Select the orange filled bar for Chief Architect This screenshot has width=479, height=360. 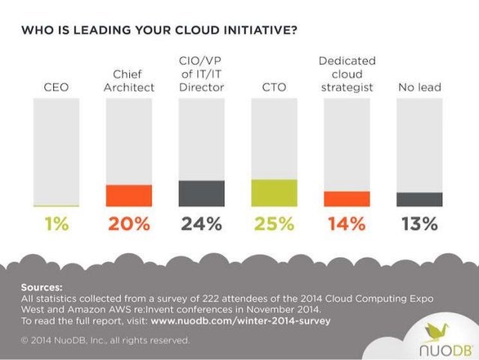(129, 195)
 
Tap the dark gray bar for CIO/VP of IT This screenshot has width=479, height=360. (201, 193)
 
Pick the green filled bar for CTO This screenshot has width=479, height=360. (274, 192)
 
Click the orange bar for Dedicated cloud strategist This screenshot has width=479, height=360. (346, 198)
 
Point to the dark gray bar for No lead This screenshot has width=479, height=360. (418, 199)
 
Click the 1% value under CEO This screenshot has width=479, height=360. (56, 224)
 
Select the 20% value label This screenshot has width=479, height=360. (129, 224)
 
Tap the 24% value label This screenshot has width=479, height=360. (201, 224)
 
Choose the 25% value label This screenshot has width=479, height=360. (274, 224)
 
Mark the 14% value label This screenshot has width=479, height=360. (346, 224)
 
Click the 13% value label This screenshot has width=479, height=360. (418, 224)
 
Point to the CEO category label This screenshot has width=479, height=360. (56, 88)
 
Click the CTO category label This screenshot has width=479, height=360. (274, 88)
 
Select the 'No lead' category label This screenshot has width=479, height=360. (418, 88)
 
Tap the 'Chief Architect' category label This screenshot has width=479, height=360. (129, 81)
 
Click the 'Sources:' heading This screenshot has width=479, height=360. (42, 287)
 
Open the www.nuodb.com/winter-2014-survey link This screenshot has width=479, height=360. (240, 320)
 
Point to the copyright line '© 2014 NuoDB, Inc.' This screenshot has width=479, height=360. (105, 340)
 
